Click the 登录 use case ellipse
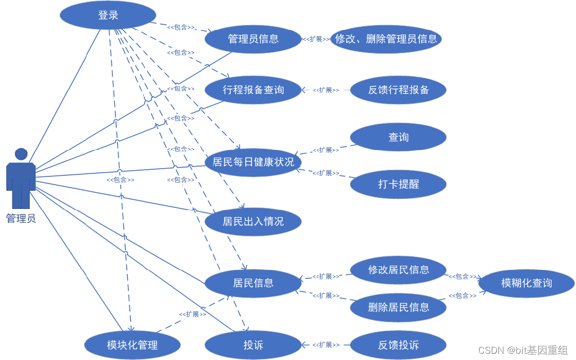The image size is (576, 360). pos(108,15)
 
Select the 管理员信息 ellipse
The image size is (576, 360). pos(253,39)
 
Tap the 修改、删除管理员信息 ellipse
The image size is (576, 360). pos(386,39)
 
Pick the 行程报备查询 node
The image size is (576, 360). pos(253,89)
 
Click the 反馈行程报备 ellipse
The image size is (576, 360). pos(398,89)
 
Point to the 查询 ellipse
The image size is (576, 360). pos(398,137)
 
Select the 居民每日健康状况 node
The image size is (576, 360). pos(253,162)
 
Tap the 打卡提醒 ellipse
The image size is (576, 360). pos(398,184)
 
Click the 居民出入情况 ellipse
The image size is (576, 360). pos(253,221)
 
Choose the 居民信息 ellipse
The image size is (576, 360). pos(253,283)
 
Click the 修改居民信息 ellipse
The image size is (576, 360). pos(398,269)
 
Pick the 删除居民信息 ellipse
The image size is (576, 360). pos(398,307)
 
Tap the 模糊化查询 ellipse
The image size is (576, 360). pos(526,283)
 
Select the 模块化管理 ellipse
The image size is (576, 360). pos(132,345)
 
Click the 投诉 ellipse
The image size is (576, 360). pos(253,345)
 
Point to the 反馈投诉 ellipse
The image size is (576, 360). pos(398,345)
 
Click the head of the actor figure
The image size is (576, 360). pos(21,154)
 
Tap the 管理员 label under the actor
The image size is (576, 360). pos(21,219)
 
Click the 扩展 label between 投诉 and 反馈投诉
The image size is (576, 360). pos(326,345)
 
